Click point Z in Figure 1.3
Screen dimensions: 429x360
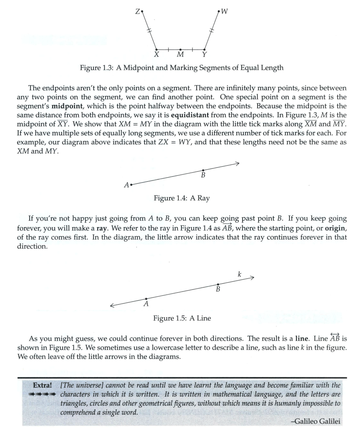(x=142, y=12)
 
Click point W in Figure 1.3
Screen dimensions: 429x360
(x=219, y=12)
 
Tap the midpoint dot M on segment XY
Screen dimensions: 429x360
(x=180, y=49)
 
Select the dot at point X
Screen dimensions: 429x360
(x=157, y=49)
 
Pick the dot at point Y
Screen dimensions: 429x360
(x=204, y=49)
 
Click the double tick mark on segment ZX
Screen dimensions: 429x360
(x=149, y=31)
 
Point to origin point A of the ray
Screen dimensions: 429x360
(x=131, y=184)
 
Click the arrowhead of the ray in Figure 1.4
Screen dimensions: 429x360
(x=237, y=163)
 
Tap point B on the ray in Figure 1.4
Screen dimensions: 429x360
(x=203, y=170)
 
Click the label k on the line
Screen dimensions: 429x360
(x=239, y=274)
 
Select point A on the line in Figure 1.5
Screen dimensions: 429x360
(x=146, y=299)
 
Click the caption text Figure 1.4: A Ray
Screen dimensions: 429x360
(x=181, y=198)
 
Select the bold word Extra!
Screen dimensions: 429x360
(x=42, y=385)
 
